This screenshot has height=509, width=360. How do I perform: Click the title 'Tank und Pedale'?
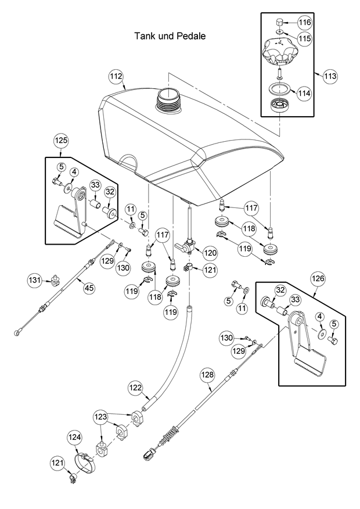pos(170,36)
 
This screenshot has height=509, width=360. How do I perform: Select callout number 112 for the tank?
pos(116,76)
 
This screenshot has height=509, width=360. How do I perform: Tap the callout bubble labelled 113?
pos(330,76)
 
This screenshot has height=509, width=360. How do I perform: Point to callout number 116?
pos(305,22)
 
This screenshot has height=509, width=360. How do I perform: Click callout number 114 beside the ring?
pos(304,92)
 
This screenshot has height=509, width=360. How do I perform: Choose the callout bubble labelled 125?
pos(62,140)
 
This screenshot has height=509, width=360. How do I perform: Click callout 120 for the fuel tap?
pos(209,253)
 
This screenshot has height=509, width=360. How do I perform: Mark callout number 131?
pos(36,281)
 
